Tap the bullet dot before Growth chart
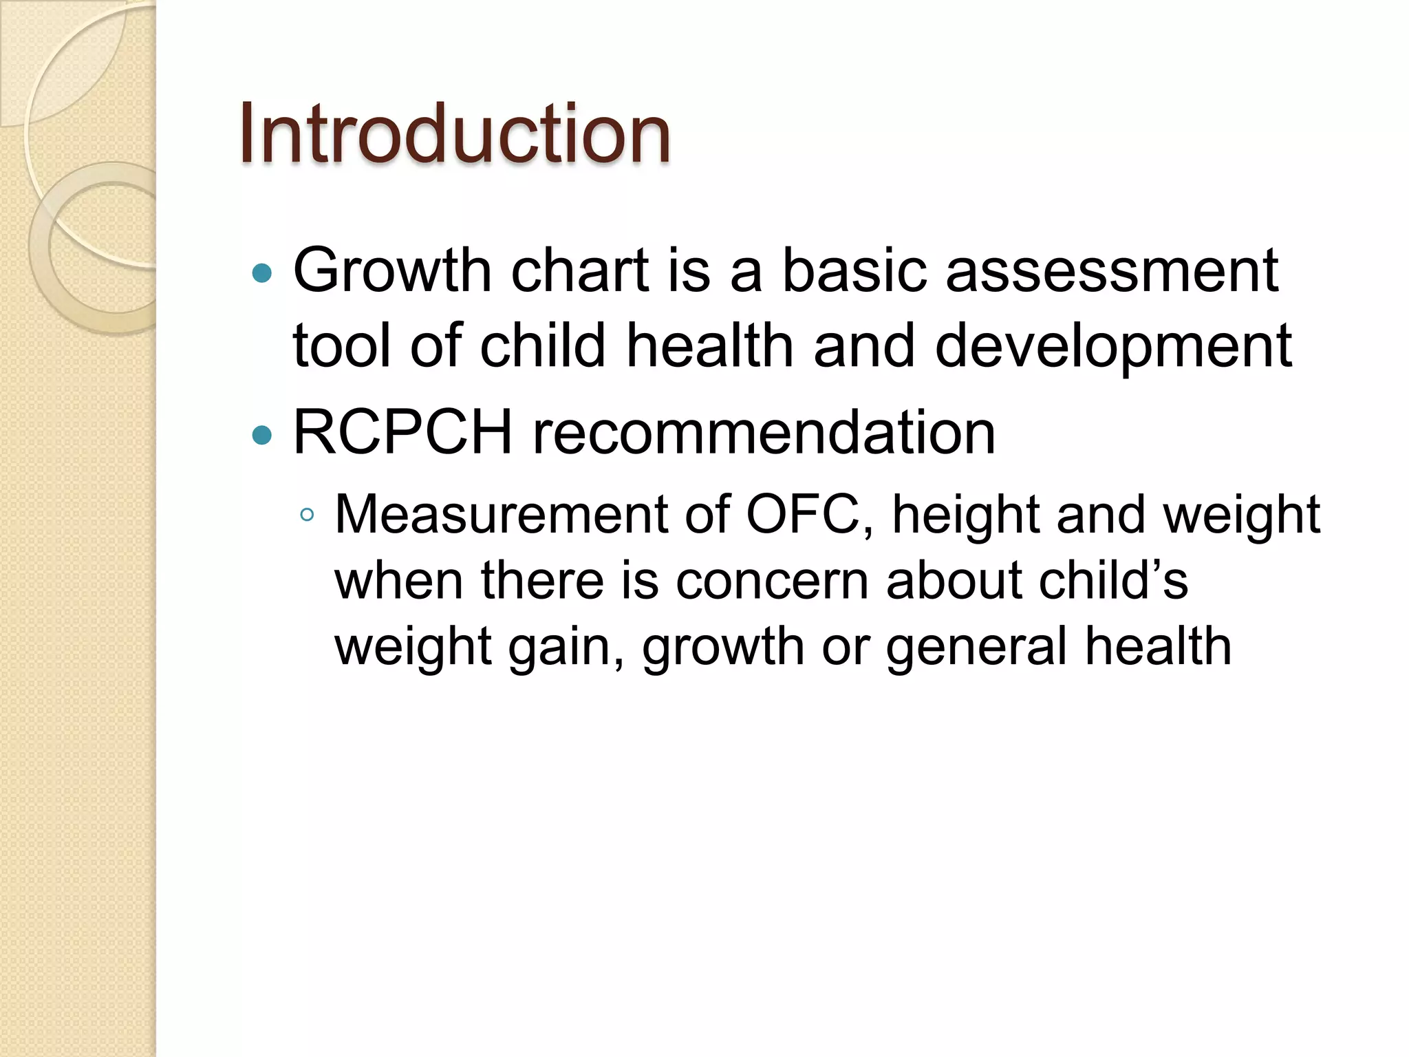262,274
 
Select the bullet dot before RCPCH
262,435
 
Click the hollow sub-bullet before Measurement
307,515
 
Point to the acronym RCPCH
402,433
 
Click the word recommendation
764,433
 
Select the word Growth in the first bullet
392,270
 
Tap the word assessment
1112,270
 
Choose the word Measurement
501,514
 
